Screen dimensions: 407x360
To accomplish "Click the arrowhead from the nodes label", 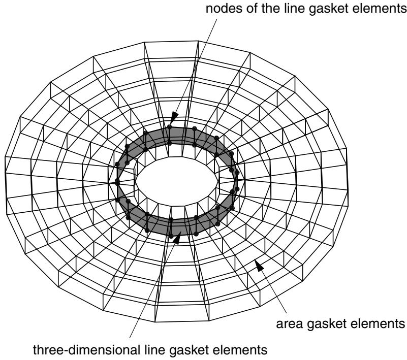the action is (x=174, y=118).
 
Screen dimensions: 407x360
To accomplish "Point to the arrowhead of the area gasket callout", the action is (x=259, y=266).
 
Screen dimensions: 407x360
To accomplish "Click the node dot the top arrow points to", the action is (x=170, y=127).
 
